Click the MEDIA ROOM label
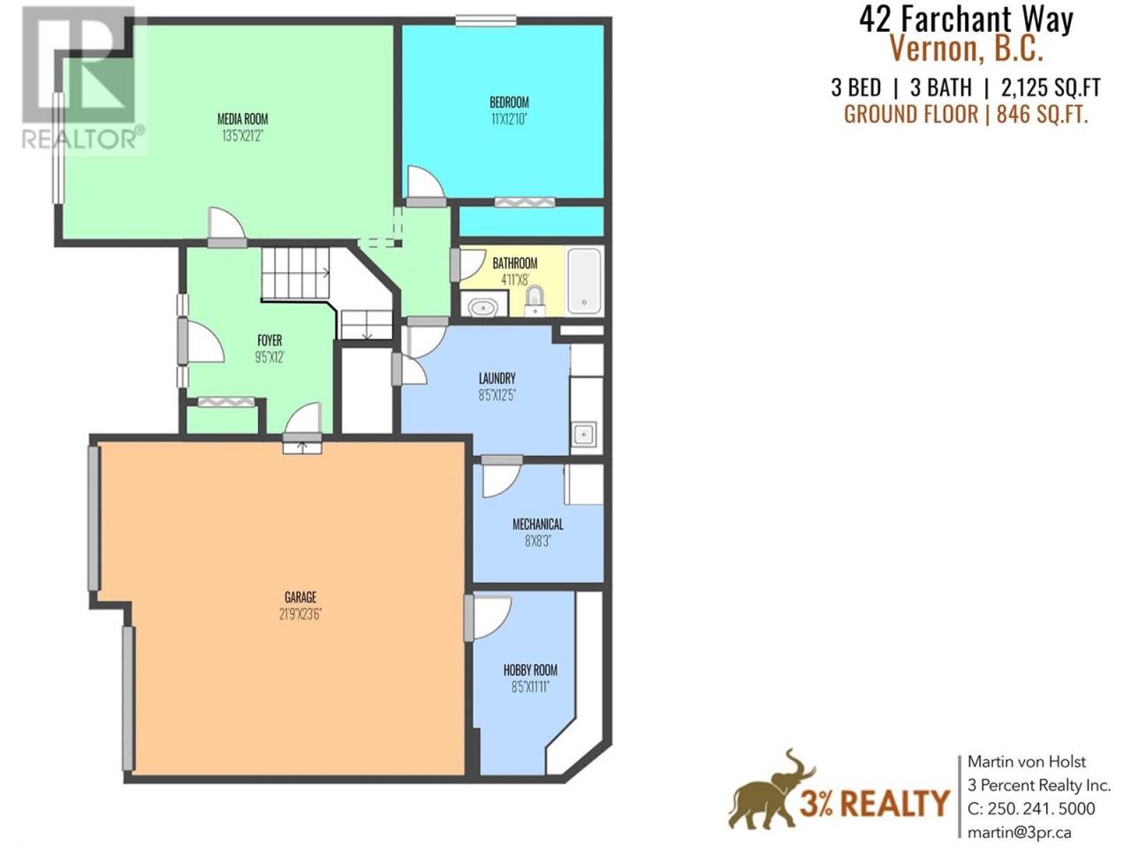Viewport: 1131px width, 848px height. [x=243, y=119]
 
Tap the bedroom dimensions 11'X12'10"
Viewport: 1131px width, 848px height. [x=509, y=119]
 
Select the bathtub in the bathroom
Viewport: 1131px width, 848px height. [x=584, y=281]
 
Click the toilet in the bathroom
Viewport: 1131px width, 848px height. [x=535, y=301]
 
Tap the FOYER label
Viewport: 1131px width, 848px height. [x=269, y=340]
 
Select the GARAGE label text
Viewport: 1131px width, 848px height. [x=300, y=597]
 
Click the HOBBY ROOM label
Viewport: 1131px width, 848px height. [x=530, y=670]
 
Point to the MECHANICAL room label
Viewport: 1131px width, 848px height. [x=538, y=524]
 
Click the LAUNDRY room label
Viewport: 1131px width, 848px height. [x=497, y=378]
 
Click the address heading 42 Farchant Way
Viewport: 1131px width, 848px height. [x=966, y=19]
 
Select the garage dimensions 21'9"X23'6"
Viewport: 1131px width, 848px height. [x=300, y=614]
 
